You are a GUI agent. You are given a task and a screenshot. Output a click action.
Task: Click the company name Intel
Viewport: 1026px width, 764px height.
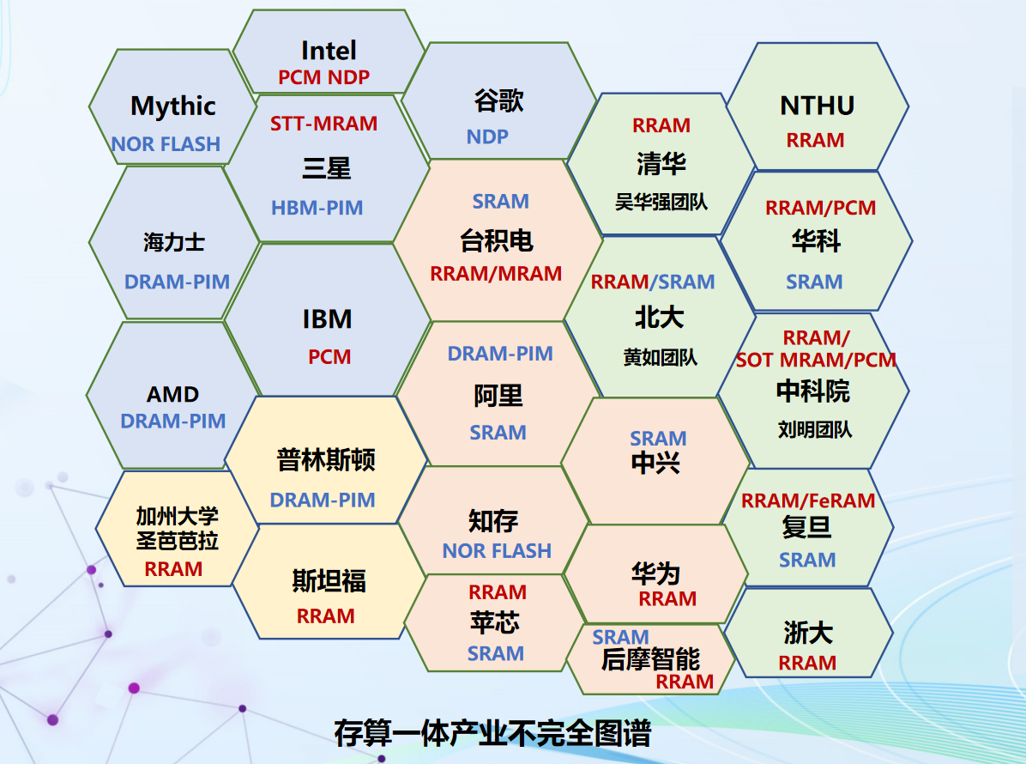[x=329, y=51]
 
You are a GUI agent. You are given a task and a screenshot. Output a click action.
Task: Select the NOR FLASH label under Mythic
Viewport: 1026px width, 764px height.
[x=166, y=144]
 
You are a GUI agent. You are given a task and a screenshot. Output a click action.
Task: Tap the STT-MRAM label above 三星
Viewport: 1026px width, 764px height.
[x=324, y=124]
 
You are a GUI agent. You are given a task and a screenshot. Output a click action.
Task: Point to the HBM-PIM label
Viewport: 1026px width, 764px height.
[x=317, y=209]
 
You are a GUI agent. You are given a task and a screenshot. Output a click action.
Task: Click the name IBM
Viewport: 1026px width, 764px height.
[x=327, y=319]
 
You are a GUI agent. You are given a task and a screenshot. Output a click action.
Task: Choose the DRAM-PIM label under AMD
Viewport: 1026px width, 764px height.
[x=172, y=421]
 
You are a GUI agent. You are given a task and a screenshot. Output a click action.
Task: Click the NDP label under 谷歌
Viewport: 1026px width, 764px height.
[x=487, y=136]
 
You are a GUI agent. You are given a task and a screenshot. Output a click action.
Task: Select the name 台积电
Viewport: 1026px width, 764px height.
[x=497, y=240]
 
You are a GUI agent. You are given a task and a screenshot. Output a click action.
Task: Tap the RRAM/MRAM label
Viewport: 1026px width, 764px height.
[x=496, y=274]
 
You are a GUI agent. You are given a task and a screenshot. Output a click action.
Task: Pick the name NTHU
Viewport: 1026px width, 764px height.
[x=818, y=106]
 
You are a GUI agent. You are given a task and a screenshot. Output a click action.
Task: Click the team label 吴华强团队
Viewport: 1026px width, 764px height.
[x=661, y=202]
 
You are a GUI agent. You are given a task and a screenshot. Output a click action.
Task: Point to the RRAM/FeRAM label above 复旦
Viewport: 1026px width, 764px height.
[x=808, y=500]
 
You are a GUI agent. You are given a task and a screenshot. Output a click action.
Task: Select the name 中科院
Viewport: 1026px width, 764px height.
[x=812, y=391]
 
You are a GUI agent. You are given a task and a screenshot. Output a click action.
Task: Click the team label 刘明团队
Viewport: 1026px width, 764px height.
[x=815, y=429]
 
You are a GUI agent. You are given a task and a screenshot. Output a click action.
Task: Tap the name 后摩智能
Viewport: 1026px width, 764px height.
[x=650, y=659]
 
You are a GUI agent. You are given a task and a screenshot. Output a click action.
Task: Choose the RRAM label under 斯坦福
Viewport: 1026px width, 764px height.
[x=325, y=616]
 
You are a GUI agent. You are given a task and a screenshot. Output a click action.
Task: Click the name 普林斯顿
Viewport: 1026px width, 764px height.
[x=326, y=459]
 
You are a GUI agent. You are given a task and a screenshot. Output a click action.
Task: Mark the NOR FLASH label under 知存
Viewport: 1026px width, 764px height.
[x=497, y=551]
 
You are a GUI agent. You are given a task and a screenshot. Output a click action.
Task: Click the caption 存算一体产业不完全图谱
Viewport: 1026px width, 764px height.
[x=492, y=733]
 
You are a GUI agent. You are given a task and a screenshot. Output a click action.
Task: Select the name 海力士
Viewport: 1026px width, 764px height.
[x=174, y=242]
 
